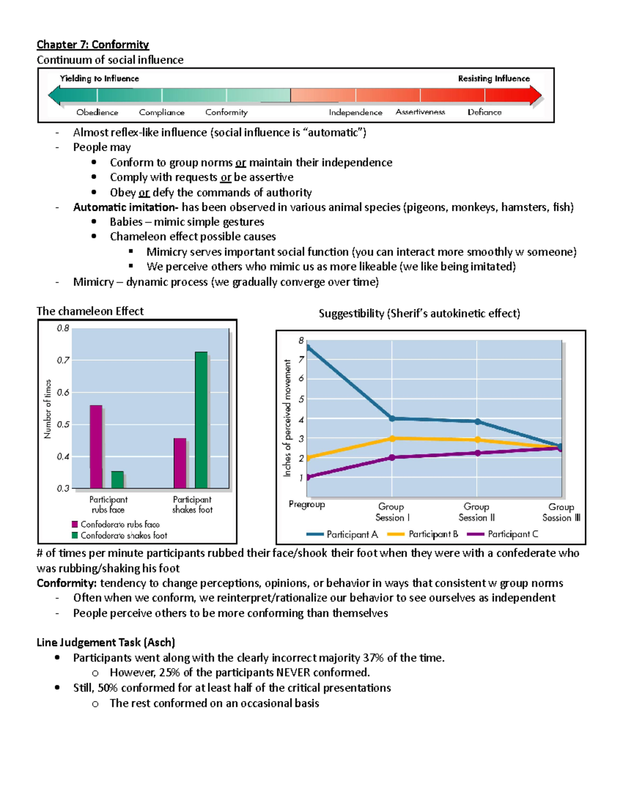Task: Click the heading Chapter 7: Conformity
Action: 92,45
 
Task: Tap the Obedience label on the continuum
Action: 97,112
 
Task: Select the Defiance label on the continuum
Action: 484,112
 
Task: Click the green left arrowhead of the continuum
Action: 54,95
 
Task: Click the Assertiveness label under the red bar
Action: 420,112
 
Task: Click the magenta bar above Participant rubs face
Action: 96,446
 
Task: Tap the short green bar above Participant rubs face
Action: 117,480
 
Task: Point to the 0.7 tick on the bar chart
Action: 63,360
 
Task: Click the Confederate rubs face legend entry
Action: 120,524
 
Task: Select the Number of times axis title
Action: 48,409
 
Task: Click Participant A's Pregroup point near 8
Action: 308,348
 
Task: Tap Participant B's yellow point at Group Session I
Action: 392,439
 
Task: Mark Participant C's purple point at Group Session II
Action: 478,453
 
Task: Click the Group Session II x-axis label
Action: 476,512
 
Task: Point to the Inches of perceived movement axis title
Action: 287,418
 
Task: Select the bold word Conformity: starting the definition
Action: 66,583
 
